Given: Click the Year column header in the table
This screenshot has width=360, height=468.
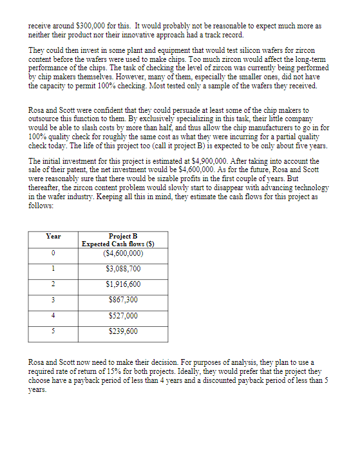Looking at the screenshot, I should click(53, 236).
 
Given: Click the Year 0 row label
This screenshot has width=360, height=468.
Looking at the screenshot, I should click(53, 253).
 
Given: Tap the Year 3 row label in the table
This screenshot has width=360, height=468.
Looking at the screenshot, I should click(53, 300).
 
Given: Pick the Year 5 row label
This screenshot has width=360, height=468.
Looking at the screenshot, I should click(53, 331).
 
